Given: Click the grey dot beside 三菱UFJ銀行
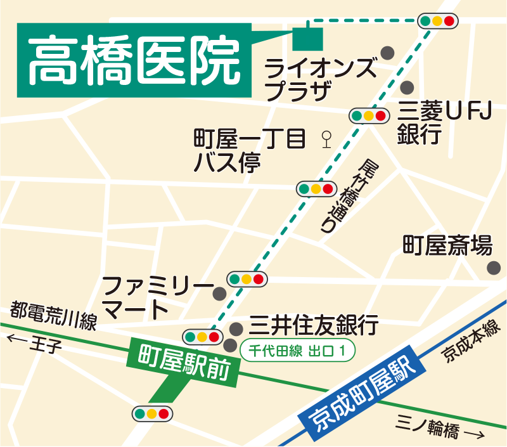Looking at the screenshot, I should coord(407,87).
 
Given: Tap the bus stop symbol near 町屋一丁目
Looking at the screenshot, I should coord(327,138).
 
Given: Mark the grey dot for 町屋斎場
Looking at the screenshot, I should coord(493,268).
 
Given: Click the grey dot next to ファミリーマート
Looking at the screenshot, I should coord(220,294).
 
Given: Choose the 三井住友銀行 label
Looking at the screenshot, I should coord(313,325).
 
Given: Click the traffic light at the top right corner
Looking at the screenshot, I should coord(438,21).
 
